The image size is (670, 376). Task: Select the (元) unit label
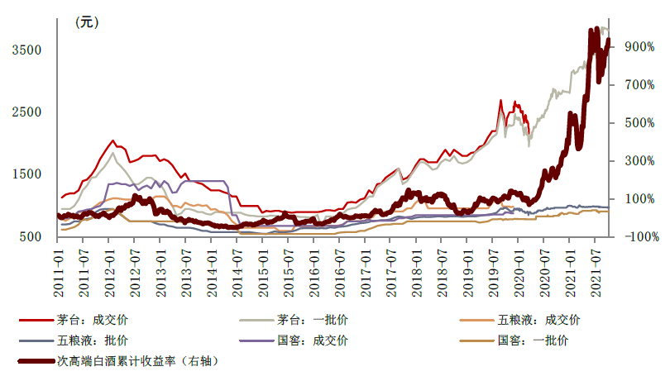point(86,22)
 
